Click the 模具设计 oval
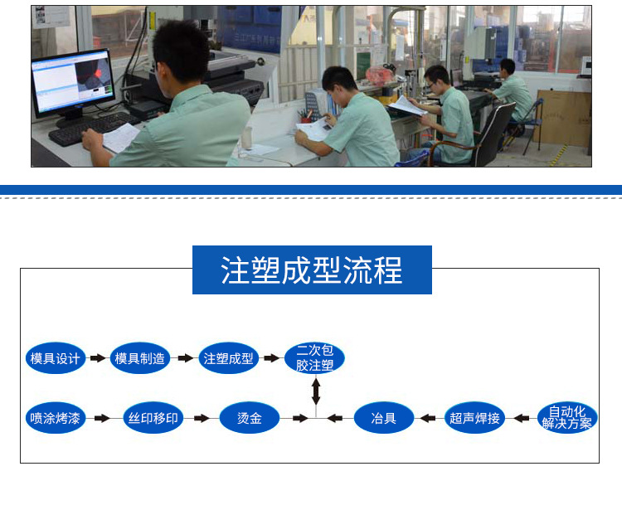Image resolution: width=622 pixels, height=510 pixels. [x=56, y=358]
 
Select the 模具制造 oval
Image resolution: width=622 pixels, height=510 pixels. [x=139, y=358]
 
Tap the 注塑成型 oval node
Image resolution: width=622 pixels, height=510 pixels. [x=229, y=358]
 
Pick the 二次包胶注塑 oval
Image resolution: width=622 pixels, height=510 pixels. [x=314, y=357]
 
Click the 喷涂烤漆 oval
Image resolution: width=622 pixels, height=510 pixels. [x=55, y=418]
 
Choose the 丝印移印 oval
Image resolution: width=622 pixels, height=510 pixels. [x=153, y=418]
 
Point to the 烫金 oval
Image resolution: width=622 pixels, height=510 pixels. [x=250, y=418]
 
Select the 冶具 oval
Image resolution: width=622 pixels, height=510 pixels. [x=384, y=418]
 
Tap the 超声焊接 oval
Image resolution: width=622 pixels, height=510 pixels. [x=474, y=418]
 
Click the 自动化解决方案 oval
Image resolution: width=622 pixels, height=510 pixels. [x=567, y=418]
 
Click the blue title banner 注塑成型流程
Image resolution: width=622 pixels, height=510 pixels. [x=312, y=270]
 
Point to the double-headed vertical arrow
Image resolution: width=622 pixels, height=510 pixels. [x=316, y=391]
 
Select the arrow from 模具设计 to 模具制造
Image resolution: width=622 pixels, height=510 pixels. [x=98, y=358]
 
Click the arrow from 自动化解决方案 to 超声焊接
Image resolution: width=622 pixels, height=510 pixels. [x=522, y=418]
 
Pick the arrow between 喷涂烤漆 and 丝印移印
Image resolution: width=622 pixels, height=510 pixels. [x=102, y=418]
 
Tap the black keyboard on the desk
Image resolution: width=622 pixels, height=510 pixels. [x=92, y=128]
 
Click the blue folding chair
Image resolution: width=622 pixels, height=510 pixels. [x=524, y=123]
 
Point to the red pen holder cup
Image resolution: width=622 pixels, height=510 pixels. [x=306, y=119]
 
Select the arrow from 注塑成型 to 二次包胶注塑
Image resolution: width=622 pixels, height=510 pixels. [x=272, y=358]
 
